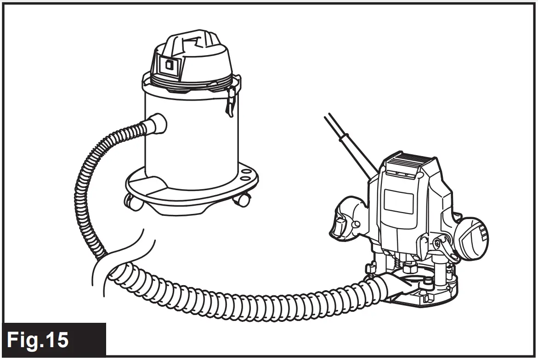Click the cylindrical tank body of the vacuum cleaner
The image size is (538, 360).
pos(193,133)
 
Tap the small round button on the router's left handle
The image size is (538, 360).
pos(355,224)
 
